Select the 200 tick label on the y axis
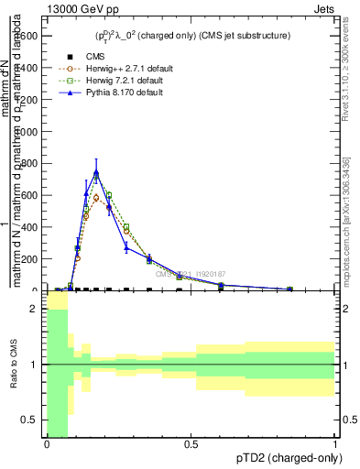(30, 258)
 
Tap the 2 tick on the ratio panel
(34, 310)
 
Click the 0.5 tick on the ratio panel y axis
(30, 420)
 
